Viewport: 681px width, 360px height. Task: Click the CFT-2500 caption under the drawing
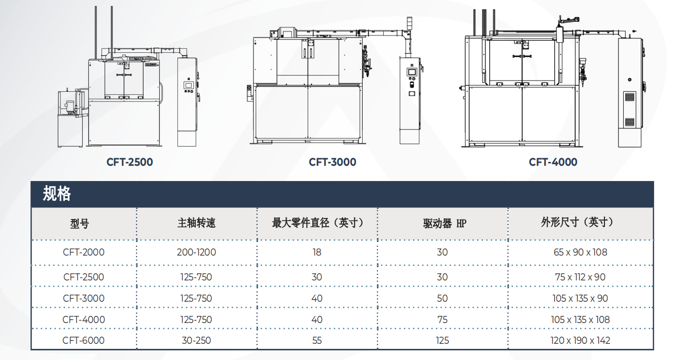[x=129, y=162]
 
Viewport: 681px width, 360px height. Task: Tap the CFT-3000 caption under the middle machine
[x=332, y=162]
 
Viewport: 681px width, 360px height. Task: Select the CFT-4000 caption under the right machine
[x=553, y=162]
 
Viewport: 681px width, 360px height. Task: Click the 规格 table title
[x=57, y=193]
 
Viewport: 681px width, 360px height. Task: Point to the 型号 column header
[x=80, y=224]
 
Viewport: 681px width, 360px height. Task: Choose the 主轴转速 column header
[x=196, y=223]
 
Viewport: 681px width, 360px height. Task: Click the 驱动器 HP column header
[x=445, y=224]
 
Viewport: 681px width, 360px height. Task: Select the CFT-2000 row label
[x=84, y=252]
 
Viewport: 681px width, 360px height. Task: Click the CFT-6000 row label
[x=84, y=340]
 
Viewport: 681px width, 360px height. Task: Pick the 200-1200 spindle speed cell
[x=196, y=252]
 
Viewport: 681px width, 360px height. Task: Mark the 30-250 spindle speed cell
[x=196, y=340]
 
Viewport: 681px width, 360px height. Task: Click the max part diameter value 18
[x=317, y=252]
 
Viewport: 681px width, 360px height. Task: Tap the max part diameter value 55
[x=317, y=340]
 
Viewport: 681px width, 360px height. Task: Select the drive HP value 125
[x=442, y=340]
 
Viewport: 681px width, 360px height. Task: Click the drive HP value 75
[x=442, y=319]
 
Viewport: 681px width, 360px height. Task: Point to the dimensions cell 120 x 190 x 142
[x=580, y=340]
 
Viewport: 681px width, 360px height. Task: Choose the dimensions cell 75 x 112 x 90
[x=580, y=277]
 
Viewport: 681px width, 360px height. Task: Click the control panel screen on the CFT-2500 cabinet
[x=188, y=85]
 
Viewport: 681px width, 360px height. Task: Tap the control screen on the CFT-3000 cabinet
[x=412, y=72]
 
